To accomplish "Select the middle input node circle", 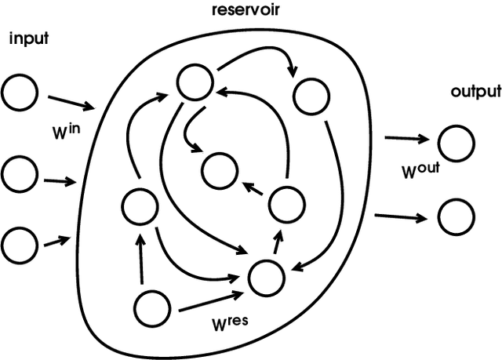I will [17, 172].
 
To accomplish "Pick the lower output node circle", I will [456, 217].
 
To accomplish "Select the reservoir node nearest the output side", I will [309, 96].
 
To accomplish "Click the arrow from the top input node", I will [71, 104].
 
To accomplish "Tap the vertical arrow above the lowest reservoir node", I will [140, 260].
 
